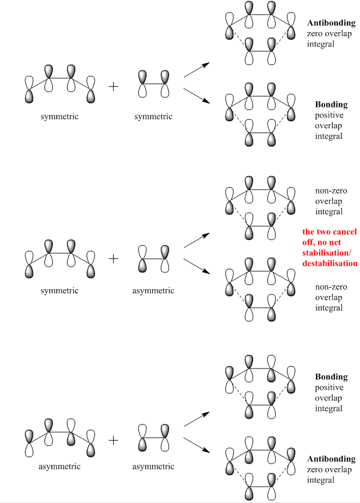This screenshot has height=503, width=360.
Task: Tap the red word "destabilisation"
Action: click(x=330, y=263)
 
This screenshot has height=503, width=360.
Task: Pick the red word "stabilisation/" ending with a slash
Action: click(x=329, y=253)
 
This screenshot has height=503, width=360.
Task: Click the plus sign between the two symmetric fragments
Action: click(x=113, y=87)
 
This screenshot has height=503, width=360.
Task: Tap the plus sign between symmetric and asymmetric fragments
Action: click(x=113, y=258)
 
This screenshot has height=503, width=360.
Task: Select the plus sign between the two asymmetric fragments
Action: click(x=113, y=439)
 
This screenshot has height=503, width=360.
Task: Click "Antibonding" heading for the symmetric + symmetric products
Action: click(x=331, y=23)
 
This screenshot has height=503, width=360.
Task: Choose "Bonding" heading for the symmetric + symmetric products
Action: click(x=331, y=105)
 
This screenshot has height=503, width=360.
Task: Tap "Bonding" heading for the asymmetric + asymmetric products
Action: click(x=331, y=377)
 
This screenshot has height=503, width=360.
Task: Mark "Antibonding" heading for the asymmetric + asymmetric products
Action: click(x=331, y=459)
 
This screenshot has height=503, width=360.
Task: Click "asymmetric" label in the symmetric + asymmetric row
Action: click(x=154, y=291)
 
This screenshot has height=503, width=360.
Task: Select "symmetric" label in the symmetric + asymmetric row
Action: click(x=59, y=291)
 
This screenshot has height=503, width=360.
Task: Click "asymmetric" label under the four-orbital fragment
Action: click(x=59, y=466)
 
